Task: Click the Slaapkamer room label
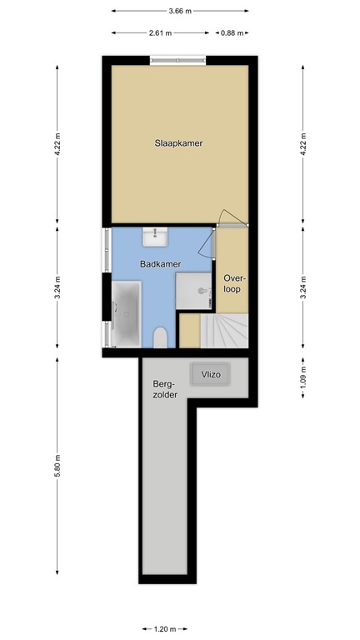[178, 143]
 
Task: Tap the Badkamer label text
[160, 264]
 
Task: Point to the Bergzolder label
[163, 390]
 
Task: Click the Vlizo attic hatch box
[208, 376]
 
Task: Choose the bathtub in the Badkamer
[127, 313]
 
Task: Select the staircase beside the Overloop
[229, 332]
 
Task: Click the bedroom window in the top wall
[178, 59]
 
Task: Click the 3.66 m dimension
[179, 11]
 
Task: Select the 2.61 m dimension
[160, 33]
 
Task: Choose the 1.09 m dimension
[303, 377]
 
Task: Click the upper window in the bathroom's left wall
[106, 249]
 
